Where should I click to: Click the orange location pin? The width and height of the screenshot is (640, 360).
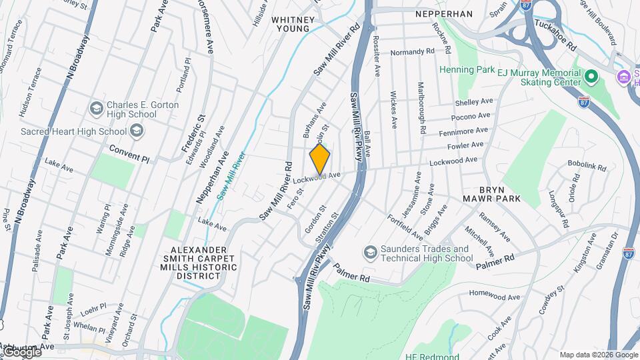click(x=320, y=159)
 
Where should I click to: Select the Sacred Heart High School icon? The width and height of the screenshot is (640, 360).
click(x=137, y=131)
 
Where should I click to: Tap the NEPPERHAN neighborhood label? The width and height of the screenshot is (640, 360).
click(x=443, y=14)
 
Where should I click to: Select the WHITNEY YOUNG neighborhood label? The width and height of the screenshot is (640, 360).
click(x=291, y=24)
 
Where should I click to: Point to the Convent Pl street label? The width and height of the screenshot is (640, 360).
click(x=129, y=153)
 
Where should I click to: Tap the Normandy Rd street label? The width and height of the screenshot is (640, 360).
click(x=412, y=51)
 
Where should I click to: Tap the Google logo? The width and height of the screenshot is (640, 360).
click(x=21, y=351)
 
